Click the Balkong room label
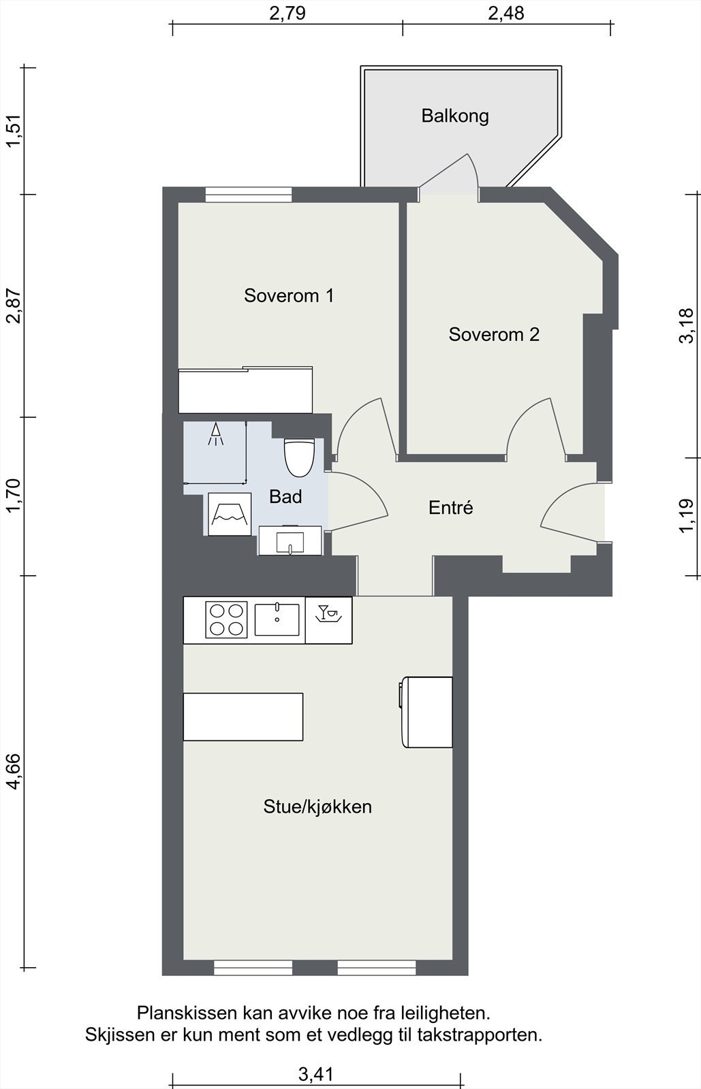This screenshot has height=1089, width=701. pos(455,116)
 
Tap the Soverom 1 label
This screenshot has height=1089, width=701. pos(289,295)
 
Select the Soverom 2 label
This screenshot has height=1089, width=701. pos(494,334)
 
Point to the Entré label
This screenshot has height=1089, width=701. pos(450,508)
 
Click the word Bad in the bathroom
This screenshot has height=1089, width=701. pos(285,496)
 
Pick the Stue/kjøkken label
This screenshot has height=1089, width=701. pos(317,807)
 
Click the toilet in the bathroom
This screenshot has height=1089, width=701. pos(300,457)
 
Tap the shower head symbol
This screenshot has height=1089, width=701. pos(215,434)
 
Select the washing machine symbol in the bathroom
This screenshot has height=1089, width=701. pos(230,515)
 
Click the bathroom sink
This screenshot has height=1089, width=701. pos(290,540)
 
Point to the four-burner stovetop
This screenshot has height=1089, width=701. pos(226,619)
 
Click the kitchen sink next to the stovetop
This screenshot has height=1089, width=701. pos(277,619)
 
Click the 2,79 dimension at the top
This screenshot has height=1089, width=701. pos(287,14)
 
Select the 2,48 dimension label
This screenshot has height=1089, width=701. pos(506,14)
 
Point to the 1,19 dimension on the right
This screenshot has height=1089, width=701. pos(686,516)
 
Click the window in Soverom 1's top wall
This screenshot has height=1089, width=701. pos(249,195)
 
